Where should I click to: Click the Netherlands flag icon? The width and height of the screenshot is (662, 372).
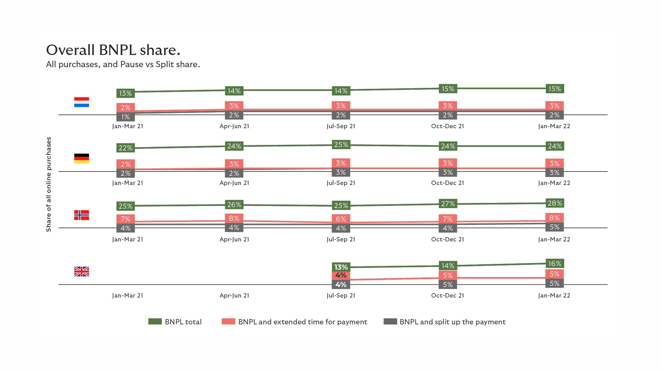pyautogui.click(x=81, y=102)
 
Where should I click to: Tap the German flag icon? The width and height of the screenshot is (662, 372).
pyautogui.click(x=81, y=158)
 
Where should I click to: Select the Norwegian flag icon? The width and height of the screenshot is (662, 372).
pyautogui.click(x=81, y=215)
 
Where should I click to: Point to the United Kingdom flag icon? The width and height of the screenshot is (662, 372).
pyautogui.click(x=81, y=271)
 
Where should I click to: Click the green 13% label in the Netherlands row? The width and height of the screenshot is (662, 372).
pyautogui.click(x=126, y=93)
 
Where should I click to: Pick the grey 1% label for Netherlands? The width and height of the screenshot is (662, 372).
pyautogui.click(x=126, y=117)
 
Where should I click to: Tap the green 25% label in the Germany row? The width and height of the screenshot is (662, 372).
pyautogui.click(x=341, y=145)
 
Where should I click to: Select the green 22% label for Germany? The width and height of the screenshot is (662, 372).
pyautogui.click(x=126, y=148)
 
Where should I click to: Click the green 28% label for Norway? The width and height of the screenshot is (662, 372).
pyautogui.click(x=554, y=203)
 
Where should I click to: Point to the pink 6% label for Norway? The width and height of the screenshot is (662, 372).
pyautogui.click(x=341, y=219)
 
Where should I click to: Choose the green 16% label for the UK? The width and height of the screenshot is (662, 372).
pyautogui.click(x=554, y=263)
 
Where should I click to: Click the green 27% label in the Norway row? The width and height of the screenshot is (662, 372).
pyautogui.click(x=448, y=204)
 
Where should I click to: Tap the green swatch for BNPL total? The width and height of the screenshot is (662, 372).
pyautogui.click(x=155, y=321)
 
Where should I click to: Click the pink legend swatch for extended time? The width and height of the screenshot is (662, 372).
pyautogui.click(x=228, y=321)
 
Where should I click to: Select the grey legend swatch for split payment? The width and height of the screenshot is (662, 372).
pyautogui.click(x=390, y=321)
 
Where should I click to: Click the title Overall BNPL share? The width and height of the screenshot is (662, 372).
pyautogui.click(x=113, y=50)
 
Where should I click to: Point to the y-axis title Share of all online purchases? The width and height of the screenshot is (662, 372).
pyautogui.click(x=49, y=184)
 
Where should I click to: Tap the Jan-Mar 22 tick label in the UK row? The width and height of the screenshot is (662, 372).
pyautogui.click(x=554, y=296)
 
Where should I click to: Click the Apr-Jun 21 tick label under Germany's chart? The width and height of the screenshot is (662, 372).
pyautogui.click(x=234, y=183)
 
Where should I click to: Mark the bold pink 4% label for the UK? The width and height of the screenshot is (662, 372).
pyautogui.click(x=341, y=275)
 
